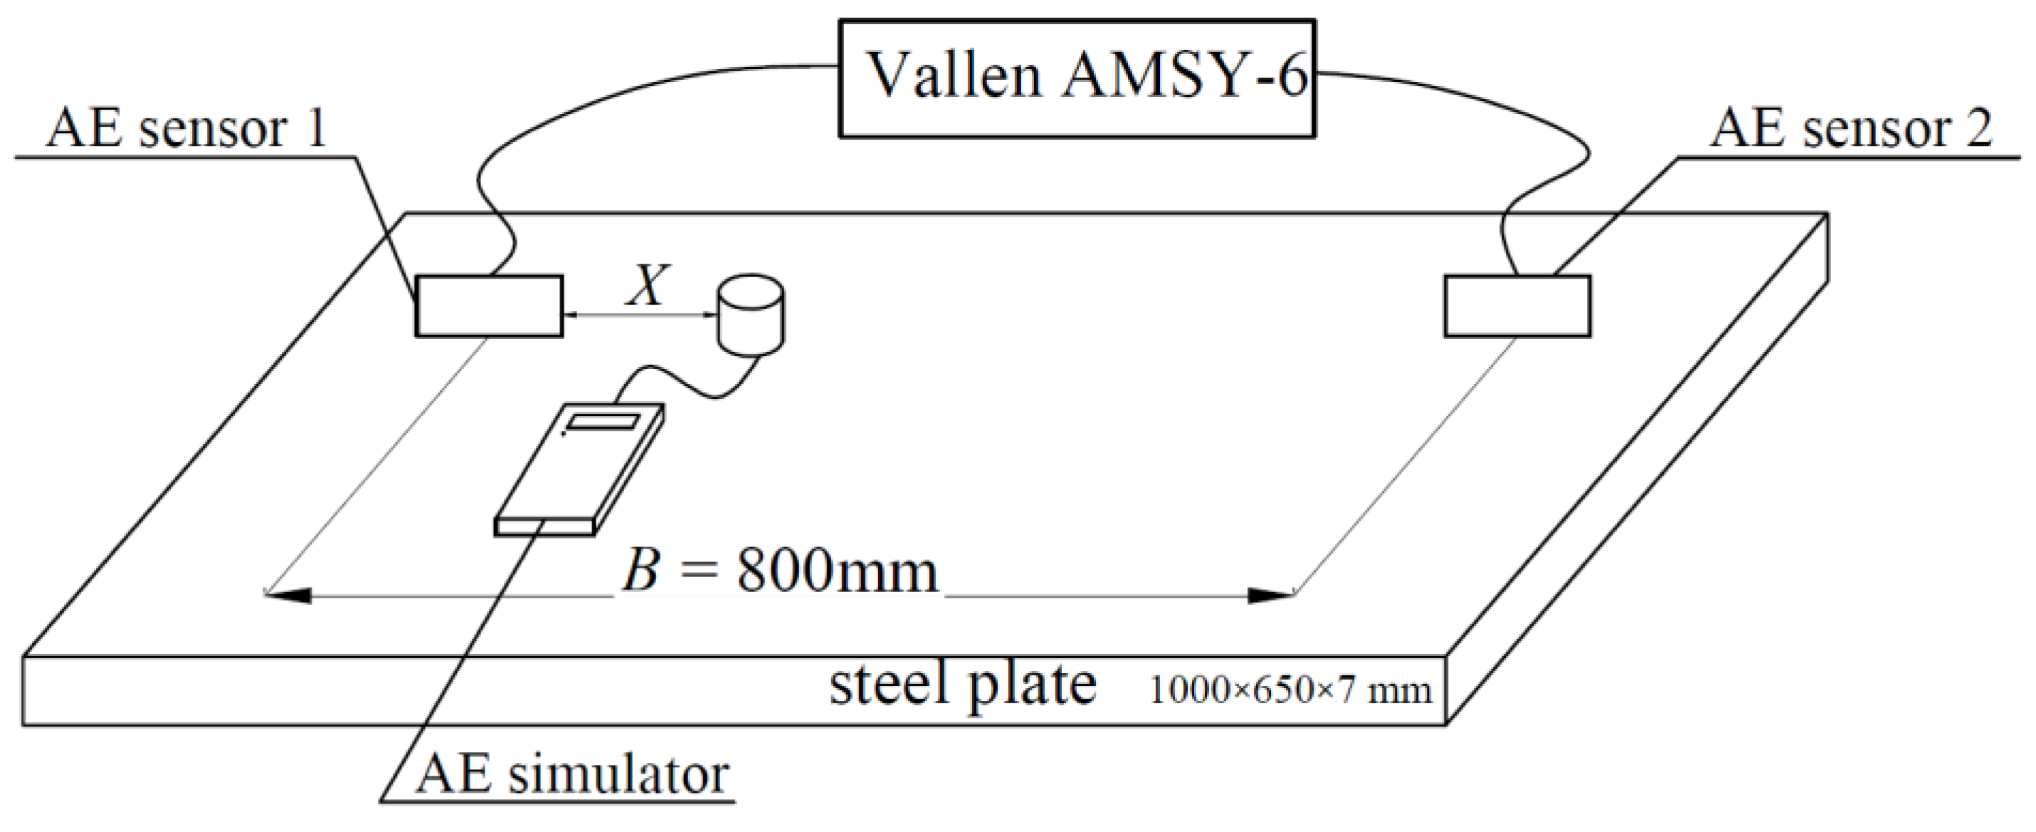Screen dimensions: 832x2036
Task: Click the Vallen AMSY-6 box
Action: (x=1077, y=79)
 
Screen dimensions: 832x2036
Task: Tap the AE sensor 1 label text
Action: (x=186, y=129)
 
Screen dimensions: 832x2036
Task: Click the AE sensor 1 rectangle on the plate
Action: (x=489, y=306)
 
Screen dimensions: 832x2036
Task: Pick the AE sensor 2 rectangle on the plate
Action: (x=1517, y=306)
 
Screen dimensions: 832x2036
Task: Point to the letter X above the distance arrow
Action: (x=648, y=286)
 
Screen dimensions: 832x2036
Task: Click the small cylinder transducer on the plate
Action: (x=750, y=314)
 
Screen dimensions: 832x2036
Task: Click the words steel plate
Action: (x=962, y=684)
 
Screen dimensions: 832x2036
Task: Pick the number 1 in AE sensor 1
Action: (x=317, y=129)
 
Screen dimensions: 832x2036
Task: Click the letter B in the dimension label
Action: (x=640, y=571)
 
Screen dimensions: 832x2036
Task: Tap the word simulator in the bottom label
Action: (x=617, y=775)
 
